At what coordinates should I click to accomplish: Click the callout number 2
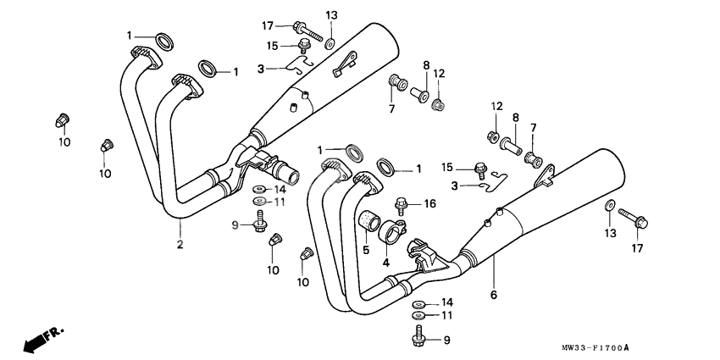(180, 246)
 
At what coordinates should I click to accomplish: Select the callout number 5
(365, 250)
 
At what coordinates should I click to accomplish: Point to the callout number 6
(493, 295)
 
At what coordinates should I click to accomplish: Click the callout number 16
(429, 203)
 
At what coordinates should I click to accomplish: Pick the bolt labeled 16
(403, 203)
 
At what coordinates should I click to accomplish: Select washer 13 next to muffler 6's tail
(609, 206)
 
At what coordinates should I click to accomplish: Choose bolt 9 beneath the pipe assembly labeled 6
(418, 340)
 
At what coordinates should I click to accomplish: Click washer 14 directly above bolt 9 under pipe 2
(258, 189)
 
